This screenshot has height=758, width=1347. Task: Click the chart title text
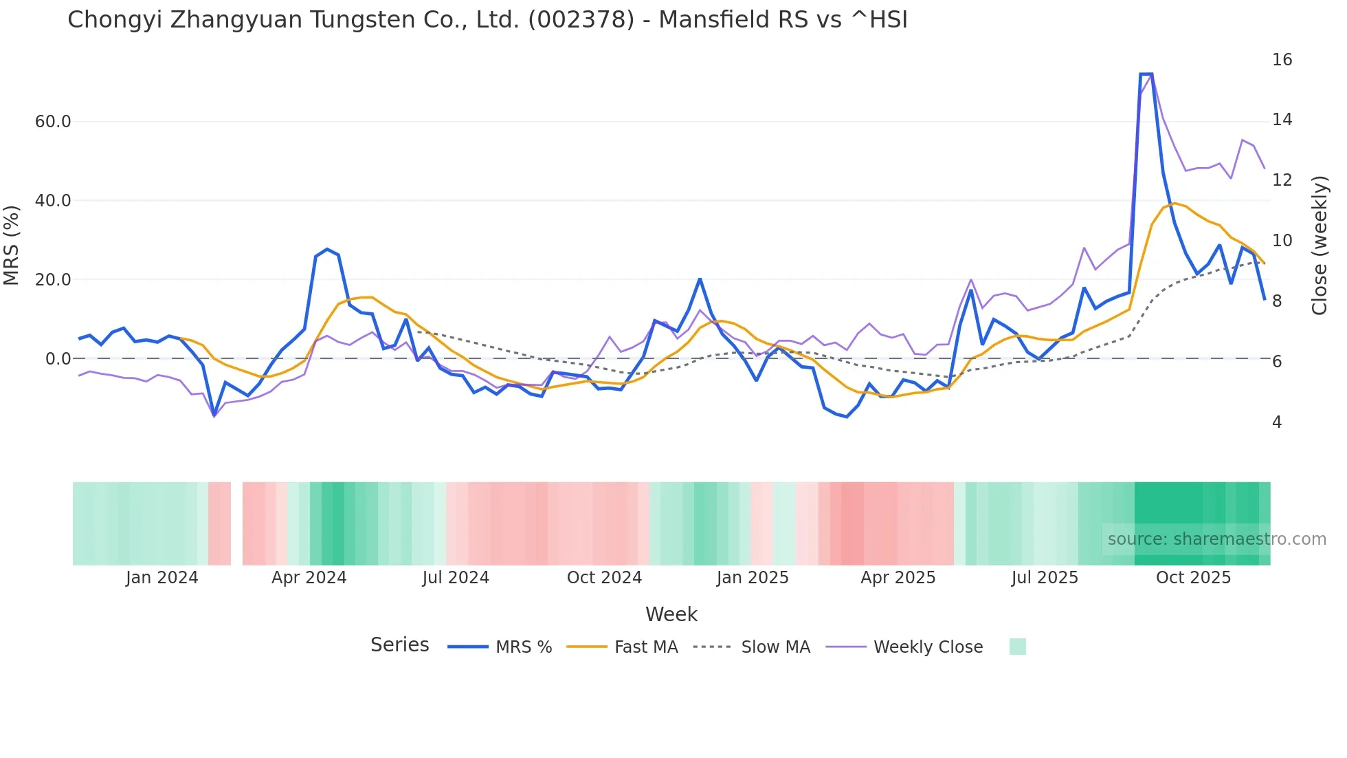point(487,20)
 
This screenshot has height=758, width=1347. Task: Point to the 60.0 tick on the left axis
point(53,122)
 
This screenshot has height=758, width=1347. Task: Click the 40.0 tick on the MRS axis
point(53,201)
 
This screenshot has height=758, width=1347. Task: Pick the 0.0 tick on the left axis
point(58,359)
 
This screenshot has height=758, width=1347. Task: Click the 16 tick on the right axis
point(1282,60)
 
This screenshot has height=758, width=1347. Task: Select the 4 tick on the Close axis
point(1277,422)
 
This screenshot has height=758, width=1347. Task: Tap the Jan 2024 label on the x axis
point(162,578)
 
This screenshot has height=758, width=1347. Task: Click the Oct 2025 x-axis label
point(1193,578)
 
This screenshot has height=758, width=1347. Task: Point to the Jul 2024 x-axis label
point(456,578)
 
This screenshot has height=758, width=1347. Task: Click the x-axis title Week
point(671,614)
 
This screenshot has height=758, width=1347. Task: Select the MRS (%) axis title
point(12,246)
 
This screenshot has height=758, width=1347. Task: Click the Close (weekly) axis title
point(1320,246)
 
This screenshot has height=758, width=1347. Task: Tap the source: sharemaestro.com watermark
point(1216,539)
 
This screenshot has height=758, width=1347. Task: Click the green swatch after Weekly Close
point(1017,647)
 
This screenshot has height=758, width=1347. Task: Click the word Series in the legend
point(399,645)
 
